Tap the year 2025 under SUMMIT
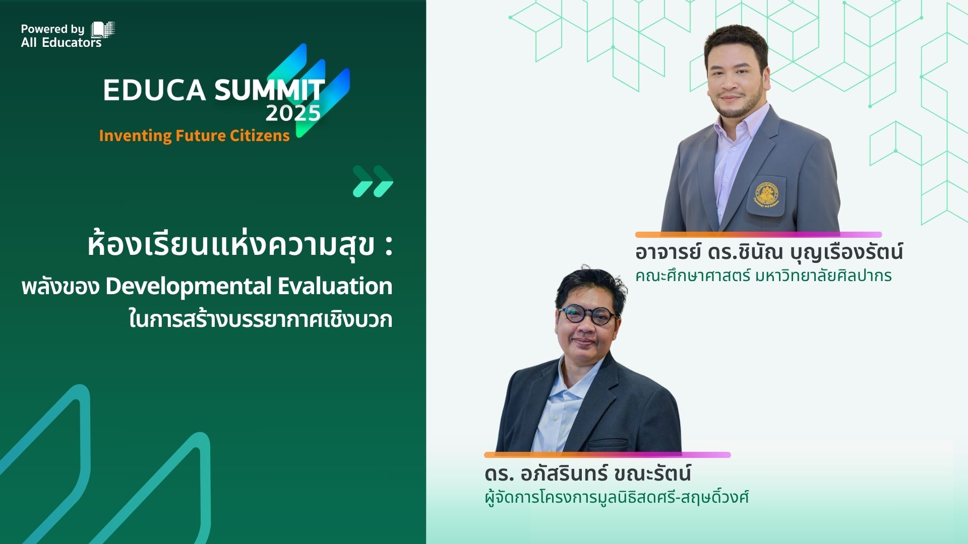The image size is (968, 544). click(292, 113)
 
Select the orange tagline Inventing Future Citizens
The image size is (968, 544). click(194, 135)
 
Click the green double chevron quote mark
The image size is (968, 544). click(373, 181)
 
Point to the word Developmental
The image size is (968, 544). click(189, 287)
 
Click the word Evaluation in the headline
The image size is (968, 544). click(335, 286)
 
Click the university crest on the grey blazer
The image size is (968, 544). click(766, 194)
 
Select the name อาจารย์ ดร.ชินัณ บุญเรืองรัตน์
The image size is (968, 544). click(768, 252)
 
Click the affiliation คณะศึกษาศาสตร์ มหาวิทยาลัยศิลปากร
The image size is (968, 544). click(763, 276)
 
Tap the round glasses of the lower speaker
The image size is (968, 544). click(588, 316)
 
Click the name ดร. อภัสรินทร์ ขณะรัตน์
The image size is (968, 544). click(587, 474)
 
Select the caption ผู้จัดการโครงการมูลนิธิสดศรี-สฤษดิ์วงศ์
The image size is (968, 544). click(616, 498)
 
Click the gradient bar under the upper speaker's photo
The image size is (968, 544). click(758, 235)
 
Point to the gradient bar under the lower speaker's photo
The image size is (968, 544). click(607, 455)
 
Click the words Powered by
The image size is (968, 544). click(52, 29)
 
